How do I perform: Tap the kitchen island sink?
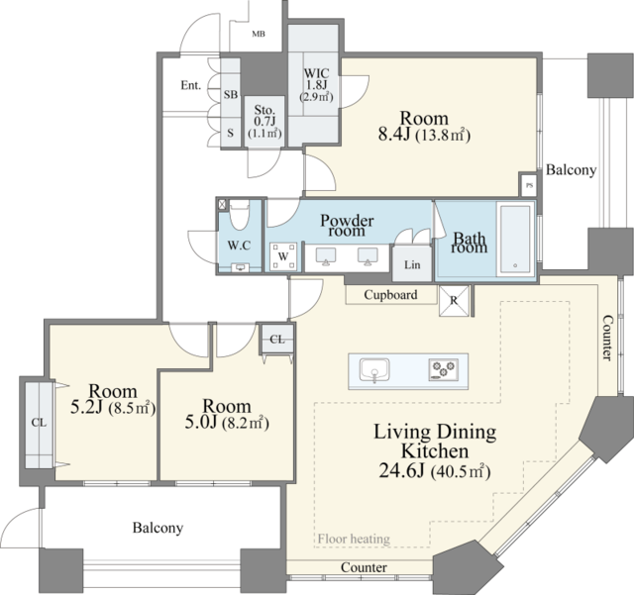[374, 370]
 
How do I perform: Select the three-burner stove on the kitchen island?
[444, 369]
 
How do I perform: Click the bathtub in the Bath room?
[515, 240]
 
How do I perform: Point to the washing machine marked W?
[283, 255]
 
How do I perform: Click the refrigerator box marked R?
[454, 300]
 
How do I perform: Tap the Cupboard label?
[390, 295]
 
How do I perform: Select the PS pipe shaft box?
[529, 185]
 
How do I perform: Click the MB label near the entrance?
[259, 34]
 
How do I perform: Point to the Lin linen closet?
[412, 264]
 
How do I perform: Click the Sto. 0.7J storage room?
[264, 121]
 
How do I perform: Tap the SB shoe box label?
[231, 95]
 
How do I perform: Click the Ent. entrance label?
[191, 85]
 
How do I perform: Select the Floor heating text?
[354, 539]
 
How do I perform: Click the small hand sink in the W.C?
[240, 267]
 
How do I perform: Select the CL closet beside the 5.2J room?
[40, 424]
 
